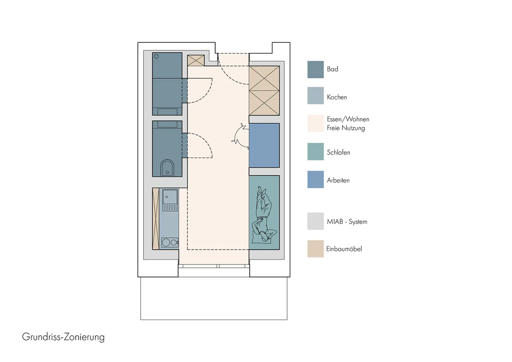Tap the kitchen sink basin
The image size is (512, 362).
[170, 197]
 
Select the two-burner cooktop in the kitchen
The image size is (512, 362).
[170, 242]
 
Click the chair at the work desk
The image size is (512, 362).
[240, 136]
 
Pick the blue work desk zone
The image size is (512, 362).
[264, 145]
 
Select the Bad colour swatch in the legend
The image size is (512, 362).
[316, 69]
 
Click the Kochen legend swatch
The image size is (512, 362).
[316, 96]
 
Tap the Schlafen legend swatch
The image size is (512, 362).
[316, 152]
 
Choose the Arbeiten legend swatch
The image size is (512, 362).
[316, 179]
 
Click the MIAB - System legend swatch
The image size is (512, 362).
[316, 221]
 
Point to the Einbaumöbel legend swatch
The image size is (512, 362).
[316, 249]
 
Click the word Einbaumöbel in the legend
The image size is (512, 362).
[344, 249]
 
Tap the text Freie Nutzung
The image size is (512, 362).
[346, 128]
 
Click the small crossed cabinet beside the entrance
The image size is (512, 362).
[196, 60]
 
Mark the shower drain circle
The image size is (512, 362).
[156, 56]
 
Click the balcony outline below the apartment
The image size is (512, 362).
[214, 319]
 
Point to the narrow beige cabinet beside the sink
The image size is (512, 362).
[156, 219]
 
